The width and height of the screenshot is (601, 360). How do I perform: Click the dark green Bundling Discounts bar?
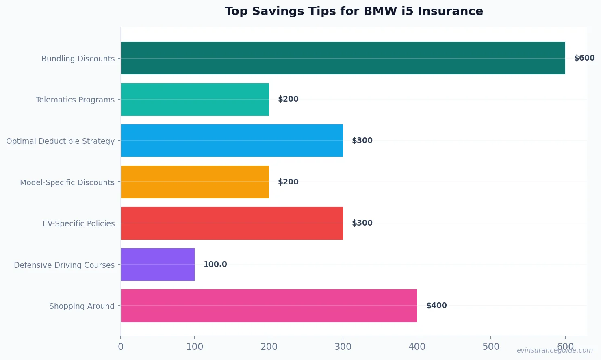[x=343, y=58]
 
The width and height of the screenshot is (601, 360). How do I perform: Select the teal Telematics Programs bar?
[x=195, y=100]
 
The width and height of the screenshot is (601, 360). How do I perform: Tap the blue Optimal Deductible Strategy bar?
[x=232, y=141]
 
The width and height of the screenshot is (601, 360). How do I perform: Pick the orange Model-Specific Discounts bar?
[x=195, y=182]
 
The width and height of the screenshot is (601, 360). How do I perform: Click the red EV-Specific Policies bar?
[x=232, y=223]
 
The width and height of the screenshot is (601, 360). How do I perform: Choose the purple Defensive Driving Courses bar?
[x=158, y=265]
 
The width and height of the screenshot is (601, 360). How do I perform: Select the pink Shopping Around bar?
[x=269, y=306]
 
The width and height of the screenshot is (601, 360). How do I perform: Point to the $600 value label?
[x=584, y=58]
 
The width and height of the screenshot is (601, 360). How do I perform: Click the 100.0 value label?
[x=215, y=265]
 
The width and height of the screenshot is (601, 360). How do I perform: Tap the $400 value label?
[x=436, y=306]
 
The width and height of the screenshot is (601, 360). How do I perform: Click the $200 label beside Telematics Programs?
[x=288, y=99]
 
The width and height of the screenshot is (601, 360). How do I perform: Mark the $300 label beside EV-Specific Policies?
[x=362, y=223]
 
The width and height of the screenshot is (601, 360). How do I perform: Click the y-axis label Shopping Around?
[x=82, y=306]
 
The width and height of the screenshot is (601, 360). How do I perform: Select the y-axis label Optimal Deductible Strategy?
[x=60, y=141]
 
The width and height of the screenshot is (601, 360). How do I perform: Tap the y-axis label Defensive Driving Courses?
[x=64, y=265]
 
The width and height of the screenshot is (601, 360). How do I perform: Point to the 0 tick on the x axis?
[x=121, y=347]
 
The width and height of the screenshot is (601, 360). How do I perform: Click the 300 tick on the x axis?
[x=343, y=347]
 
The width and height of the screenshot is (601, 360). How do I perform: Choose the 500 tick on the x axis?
[x=490, y=347]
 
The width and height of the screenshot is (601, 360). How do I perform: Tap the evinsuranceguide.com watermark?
[x=554, y=350]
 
